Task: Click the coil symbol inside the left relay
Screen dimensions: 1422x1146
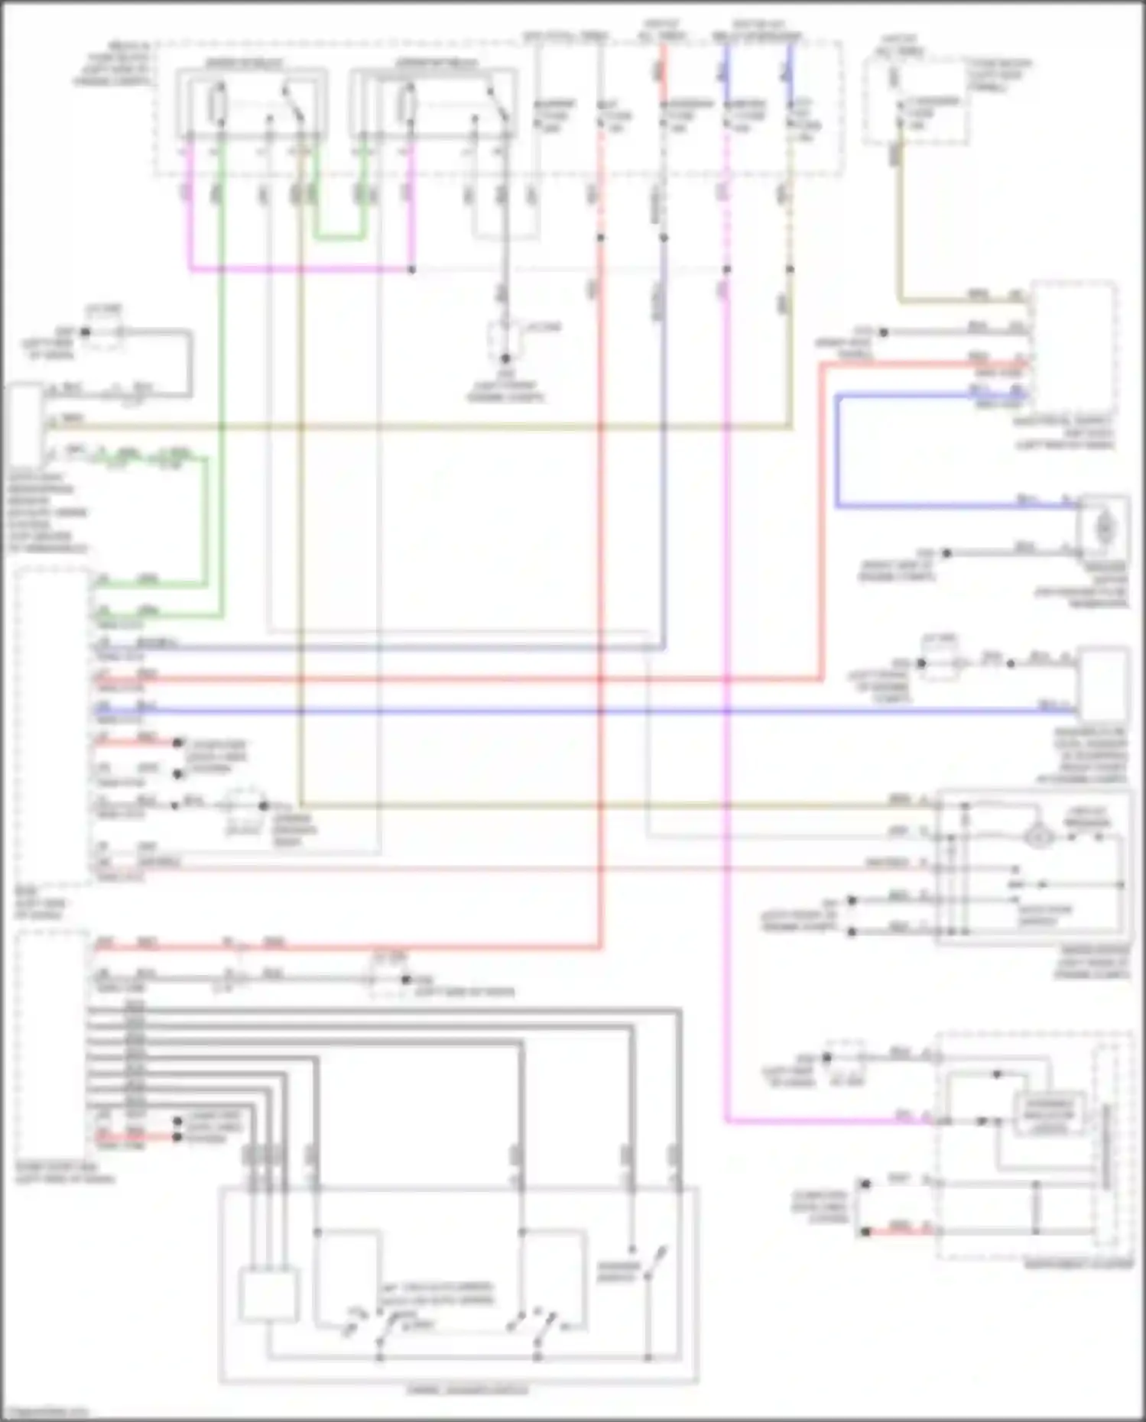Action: pos(219,104)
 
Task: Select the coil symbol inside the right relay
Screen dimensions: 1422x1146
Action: pos(407,104)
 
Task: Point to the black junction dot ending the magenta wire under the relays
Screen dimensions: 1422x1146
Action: pos(412,270)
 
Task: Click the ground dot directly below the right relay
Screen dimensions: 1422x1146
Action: pos(505,358)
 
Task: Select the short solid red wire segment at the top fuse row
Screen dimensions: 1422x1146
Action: pos(663,61)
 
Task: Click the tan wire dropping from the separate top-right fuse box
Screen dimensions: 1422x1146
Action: pos(900,229)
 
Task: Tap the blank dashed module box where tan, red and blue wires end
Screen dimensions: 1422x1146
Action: pos(1073,344)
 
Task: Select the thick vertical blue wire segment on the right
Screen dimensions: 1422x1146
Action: pos(838,451)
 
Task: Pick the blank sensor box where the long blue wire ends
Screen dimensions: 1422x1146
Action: pos(1104,683)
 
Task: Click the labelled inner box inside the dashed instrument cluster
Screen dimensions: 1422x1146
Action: pos(1049,1116)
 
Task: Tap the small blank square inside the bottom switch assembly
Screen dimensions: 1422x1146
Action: pos(268,1294)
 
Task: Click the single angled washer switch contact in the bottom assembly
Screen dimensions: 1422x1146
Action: pos(654,1265)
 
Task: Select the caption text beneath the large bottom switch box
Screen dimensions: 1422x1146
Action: pos(459,1389)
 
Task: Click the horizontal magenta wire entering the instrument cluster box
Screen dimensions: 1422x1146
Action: pos(826,1121)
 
